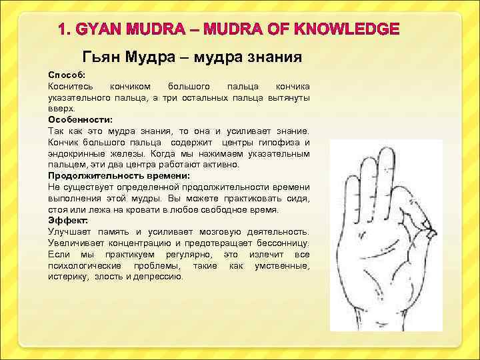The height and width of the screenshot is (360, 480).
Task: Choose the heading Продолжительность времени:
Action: click(x=119, y=175)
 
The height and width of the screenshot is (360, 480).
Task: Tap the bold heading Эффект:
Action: click(x=67, y=219)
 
